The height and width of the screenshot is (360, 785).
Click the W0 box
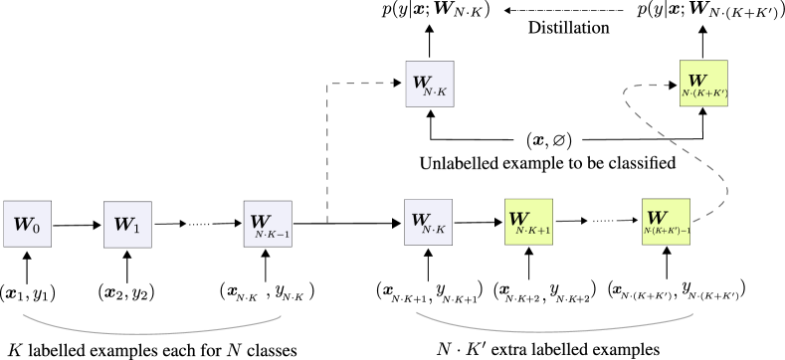[x=27, y=224]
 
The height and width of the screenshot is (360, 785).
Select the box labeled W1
[x=127, y=225]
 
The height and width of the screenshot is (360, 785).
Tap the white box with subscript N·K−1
[x=268, y=224]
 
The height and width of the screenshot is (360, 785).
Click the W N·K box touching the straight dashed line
[x=430, y=84]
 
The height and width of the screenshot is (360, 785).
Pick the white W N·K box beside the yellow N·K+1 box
[x=428, y=222]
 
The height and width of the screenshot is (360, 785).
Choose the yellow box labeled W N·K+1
[x=528, y=222]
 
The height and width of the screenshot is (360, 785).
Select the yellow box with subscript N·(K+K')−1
[x=666, y=222]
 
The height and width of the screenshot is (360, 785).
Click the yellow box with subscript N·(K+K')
[x=703, y=84]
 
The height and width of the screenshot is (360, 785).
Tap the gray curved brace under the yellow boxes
[x=554, y=327]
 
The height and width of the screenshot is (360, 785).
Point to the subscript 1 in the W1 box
[x=136, y=229]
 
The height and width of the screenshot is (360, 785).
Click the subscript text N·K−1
[x=272, y=235]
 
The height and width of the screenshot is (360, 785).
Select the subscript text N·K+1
[x=533, y=231]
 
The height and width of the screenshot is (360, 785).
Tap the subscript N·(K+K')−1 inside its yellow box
[x=667, y=231]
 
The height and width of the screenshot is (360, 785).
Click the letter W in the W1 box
[x=122, y=224]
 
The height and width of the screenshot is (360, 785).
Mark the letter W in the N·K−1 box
[x=259, y=221]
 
